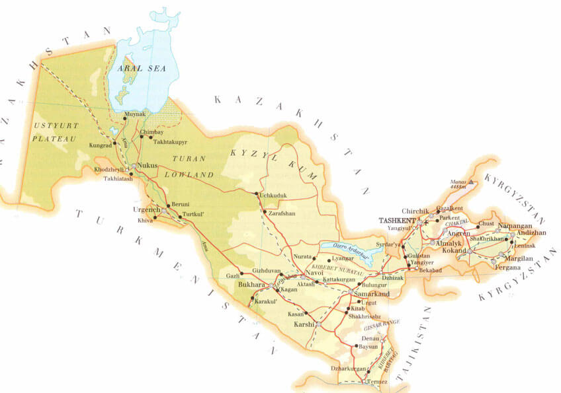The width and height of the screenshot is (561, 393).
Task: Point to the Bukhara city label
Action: [251, 285]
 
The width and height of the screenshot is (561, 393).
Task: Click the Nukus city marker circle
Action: [134, 166]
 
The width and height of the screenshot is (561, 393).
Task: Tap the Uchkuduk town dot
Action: [257, 194]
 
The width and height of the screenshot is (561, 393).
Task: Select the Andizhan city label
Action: [532, 233]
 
